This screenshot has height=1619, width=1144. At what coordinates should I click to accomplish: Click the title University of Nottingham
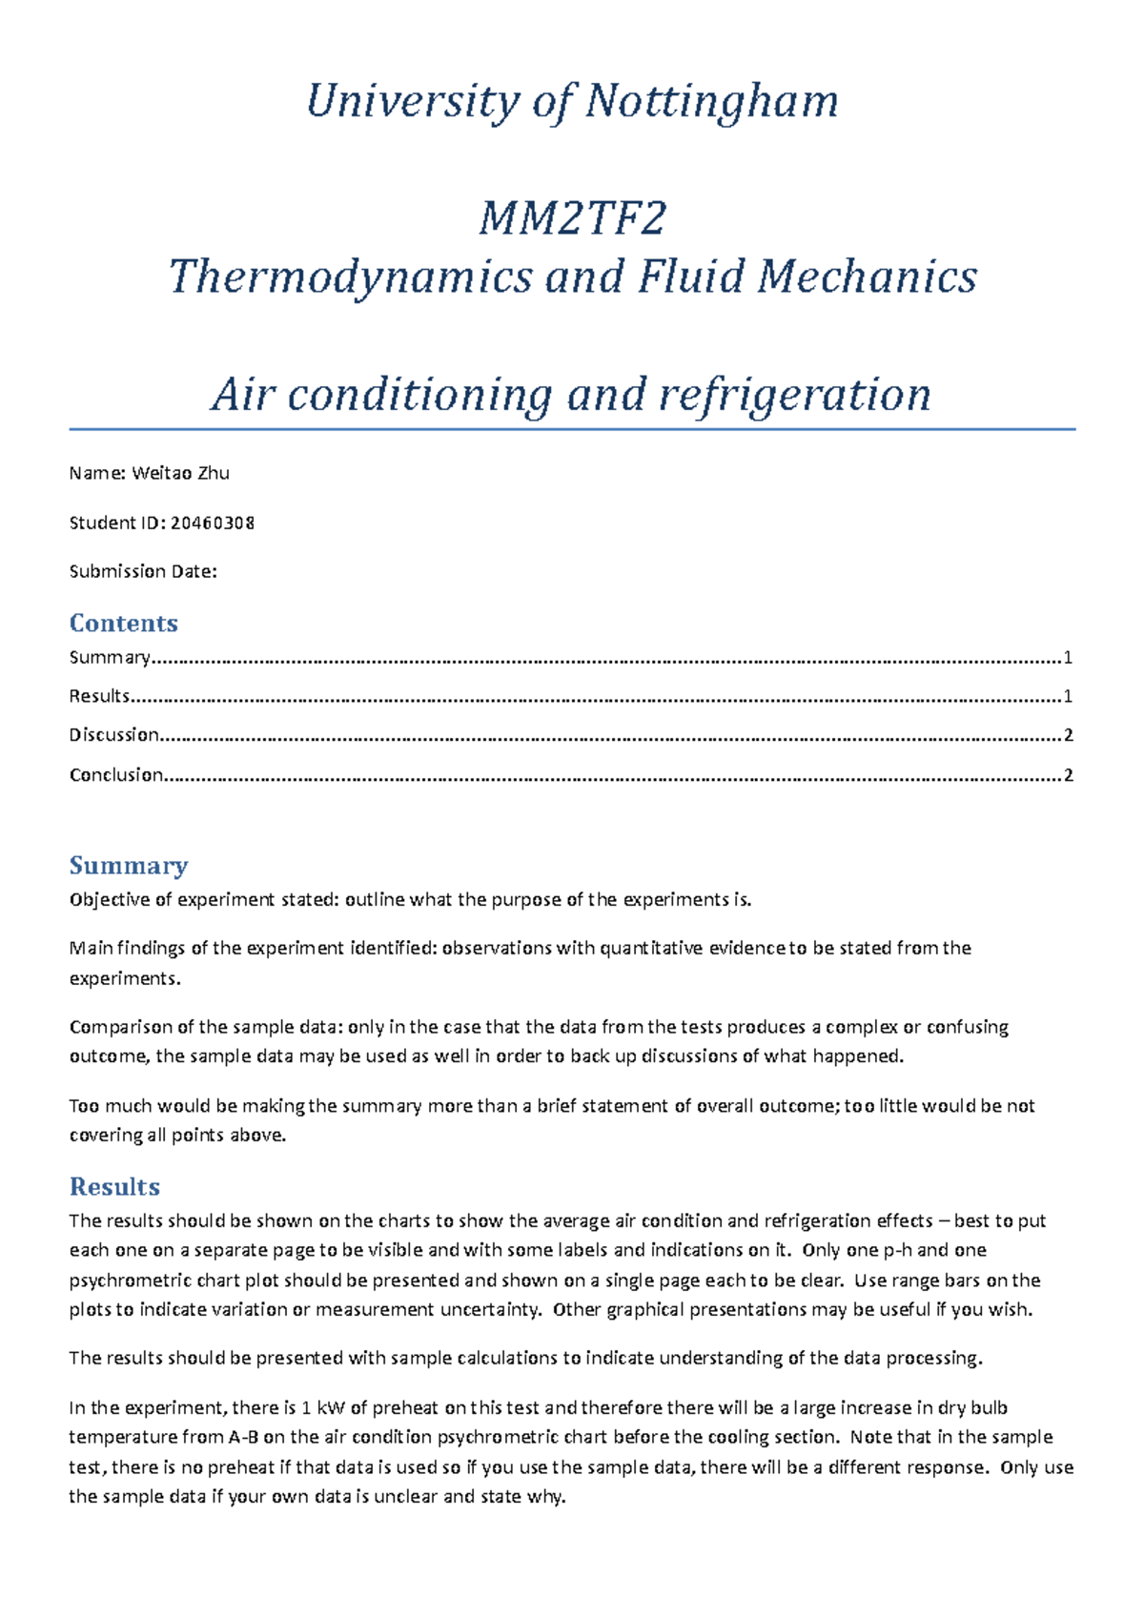[x=572, y=101]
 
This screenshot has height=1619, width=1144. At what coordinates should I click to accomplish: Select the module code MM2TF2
[x=572, y=219]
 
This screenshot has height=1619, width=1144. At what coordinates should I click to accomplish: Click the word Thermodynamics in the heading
[x=350, y=277]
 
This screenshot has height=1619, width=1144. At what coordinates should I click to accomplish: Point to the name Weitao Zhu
[x=180, y=473]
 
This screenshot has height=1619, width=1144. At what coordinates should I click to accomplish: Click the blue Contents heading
[x=123, y=623]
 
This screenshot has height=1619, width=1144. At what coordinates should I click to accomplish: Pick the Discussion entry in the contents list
[x=113, y=735]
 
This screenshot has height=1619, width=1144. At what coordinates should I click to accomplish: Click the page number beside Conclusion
[x=1069, y=775]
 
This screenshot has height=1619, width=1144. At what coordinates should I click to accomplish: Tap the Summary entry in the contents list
[x=110, y=657]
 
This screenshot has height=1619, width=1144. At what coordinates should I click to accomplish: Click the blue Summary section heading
[x=128, y=865]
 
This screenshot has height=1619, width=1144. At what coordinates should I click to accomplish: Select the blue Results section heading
[x=114, y=1186]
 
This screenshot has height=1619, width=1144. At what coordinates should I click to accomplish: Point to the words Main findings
[x=128, y=948]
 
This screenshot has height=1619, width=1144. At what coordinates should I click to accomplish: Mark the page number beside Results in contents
[x=1069, y=696]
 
